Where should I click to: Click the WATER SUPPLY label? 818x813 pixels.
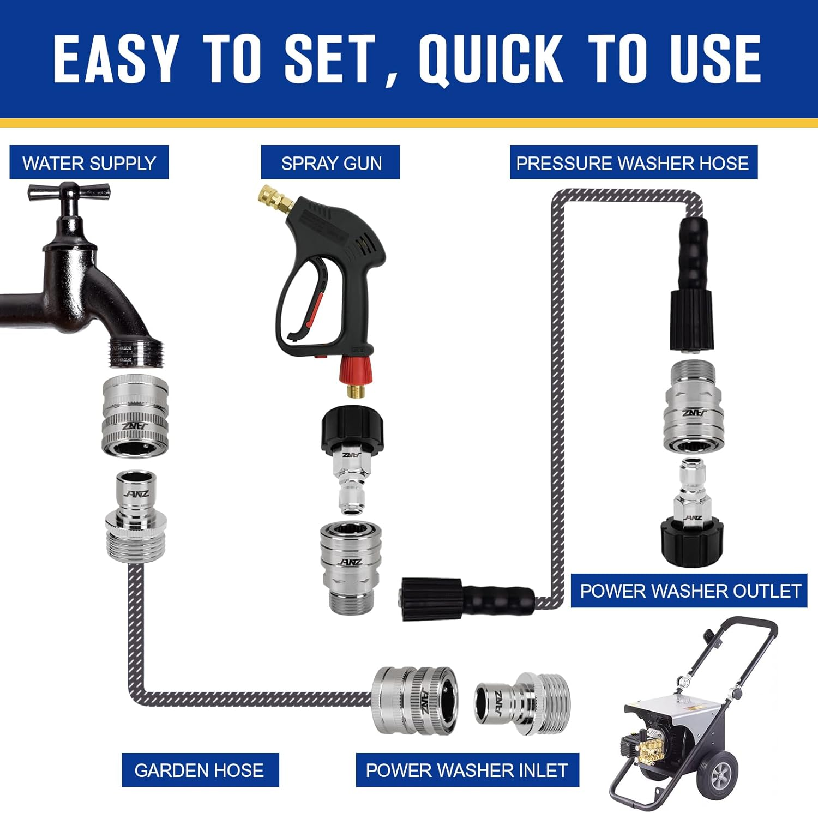point(89,162)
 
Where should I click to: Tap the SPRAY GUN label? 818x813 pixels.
point(330,162)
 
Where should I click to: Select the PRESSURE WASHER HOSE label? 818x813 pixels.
point(633,162)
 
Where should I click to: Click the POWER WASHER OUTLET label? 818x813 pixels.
point(689,591)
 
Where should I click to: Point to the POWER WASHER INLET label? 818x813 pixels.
point(467,770)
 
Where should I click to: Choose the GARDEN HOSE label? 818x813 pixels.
point(200,770)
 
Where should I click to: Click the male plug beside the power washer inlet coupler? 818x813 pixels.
point(521,703)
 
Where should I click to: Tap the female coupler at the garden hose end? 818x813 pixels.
point(414,700)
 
